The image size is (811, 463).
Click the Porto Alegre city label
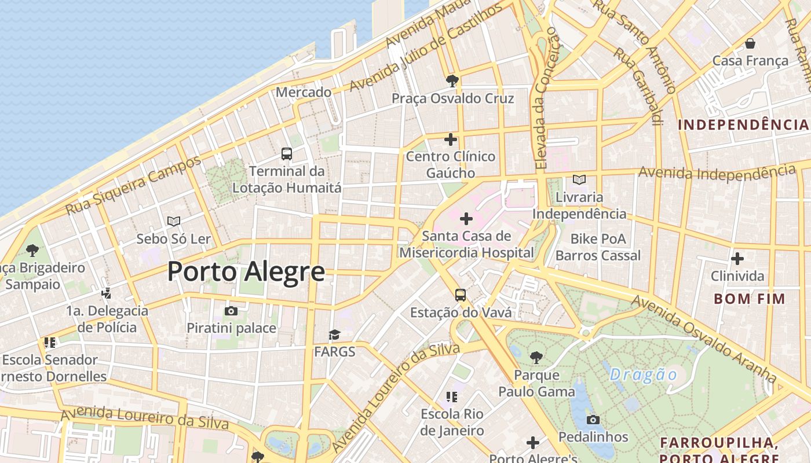(x=246, y=272)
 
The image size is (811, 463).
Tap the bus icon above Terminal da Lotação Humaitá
(x=287, y=154)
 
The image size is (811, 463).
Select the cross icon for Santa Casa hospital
(x=466, y=219)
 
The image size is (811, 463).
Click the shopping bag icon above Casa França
(x=750, y=43)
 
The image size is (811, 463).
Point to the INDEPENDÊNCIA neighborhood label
(x=743, y=124)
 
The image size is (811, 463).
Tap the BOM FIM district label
(x=750, y=299)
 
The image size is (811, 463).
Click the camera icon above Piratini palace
(x=231, y=311)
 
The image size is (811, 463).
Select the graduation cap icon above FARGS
(x=334, y=335)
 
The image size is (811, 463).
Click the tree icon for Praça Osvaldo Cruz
(x=452, y=81)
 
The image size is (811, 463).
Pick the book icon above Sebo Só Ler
(x=174, y=221)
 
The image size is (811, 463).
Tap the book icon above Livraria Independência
(x=579, y=180)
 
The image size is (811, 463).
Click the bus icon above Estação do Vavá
(x=461, y=295)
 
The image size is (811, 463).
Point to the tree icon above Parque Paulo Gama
(x=536, y=358)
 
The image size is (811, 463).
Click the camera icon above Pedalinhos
(x=593, y=420)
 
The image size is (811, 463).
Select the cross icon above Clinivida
(x=737, y=259)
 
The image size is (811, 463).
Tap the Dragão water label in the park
(x=643, y=374)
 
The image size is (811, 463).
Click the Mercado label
(x=304, y=92)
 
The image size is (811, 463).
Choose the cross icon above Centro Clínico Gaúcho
(x=451, y=139)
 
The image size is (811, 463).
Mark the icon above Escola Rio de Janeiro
(x=452, y=397)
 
